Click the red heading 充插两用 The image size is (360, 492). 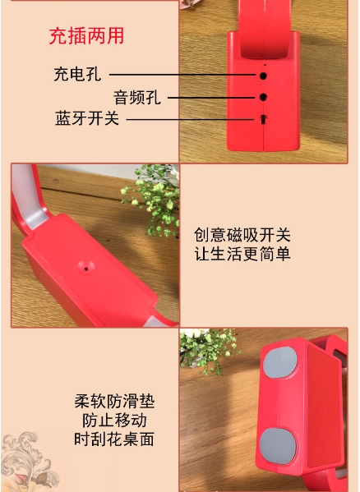tap(86, 36)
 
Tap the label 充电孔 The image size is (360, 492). tap(77, 75)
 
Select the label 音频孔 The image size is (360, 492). tap(137, 97)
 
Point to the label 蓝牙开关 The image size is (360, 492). tap(87, 118)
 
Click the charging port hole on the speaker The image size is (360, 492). tap(263, 76)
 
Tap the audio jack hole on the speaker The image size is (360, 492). tap(263, 97)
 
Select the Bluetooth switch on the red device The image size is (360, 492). tap(263, 119)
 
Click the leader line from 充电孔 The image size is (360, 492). tap(182, 75)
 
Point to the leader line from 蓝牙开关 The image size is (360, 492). tap(190, 119)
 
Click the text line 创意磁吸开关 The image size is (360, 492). tap(242, 235)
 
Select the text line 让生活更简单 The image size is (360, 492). tap(242, 254)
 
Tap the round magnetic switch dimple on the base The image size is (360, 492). tap(86, 268)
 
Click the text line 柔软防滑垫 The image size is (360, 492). tap(114, 402)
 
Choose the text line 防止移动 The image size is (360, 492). tap(114, 421)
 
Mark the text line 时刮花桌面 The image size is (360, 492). tap(114, 439)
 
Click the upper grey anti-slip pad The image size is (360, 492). tap(279, 362)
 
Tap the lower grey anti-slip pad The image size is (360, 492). tap(278, 446)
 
